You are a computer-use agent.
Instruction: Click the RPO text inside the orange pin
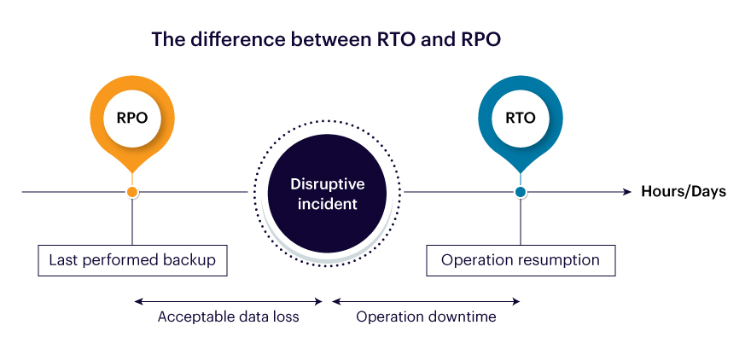point(132,118)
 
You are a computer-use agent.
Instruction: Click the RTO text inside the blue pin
point(520,118)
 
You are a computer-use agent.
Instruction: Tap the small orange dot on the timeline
point(132,192)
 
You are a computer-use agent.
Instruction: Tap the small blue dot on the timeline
point(520,192)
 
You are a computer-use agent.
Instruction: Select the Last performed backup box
point(132,260)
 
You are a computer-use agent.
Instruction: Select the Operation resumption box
point(521,260)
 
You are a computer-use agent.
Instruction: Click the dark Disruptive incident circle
point(327,194)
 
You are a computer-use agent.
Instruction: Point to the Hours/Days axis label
point(684,192)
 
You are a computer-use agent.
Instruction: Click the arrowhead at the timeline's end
point(627,192)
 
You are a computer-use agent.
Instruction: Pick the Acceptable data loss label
point(228,316)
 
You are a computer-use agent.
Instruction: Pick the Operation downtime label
point(426,316)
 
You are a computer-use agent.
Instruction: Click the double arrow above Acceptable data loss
point(229,301)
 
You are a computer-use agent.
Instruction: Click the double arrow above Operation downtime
point(426,301)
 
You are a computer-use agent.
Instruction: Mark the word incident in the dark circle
point(328,204)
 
